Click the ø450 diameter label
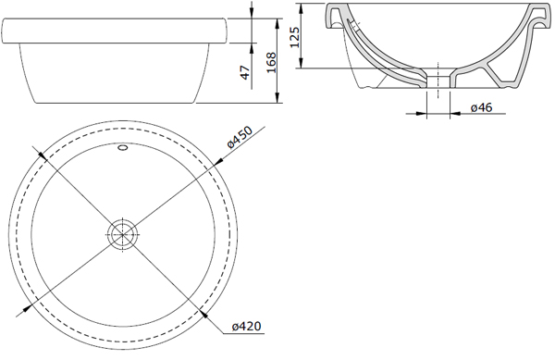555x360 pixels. [240, 137]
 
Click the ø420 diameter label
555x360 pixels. [247, 326]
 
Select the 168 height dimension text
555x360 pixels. [271, 63]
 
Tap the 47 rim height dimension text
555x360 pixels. [245, 72]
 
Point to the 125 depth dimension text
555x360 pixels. [294, 36]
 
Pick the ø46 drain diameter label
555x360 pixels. [481, 107]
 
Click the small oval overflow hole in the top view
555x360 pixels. [123, 147]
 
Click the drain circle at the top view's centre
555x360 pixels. [122, 234]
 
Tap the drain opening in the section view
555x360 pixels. [438, 81]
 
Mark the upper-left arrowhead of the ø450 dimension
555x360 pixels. [43, 155]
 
